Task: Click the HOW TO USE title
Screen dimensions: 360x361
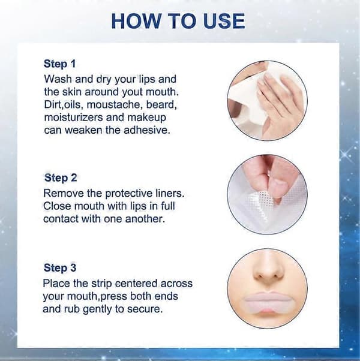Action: pos(178,21)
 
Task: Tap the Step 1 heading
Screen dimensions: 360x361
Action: pos(59,64)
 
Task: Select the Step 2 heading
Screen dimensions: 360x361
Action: pos(61,178)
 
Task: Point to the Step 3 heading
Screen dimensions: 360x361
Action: pos(60,268)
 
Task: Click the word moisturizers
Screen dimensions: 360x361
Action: pos(73,118)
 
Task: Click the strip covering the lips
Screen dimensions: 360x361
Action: pos(267,302)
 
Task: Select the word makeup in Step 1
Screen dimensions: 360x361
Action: pos(147,118)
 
